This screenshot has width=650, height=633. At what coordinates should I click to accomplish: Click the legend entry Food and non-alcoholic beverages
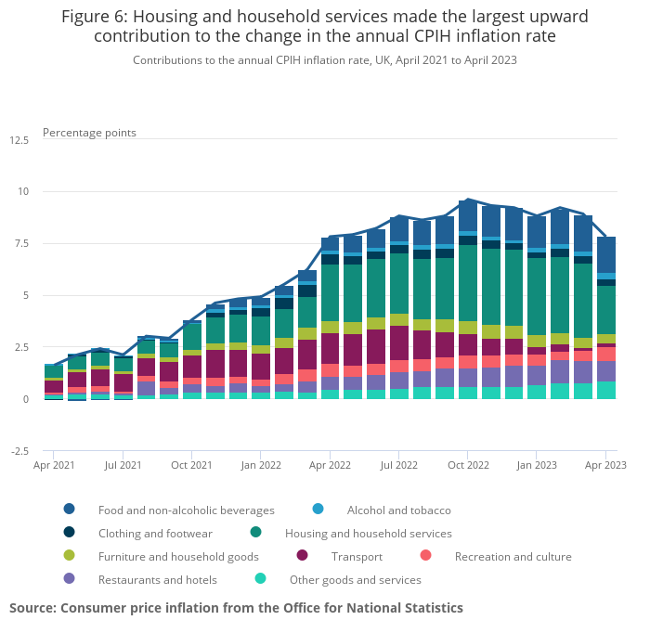(x=186, y=510)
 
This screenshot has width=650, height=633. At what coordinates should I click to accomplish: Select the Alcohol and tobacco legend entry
(x=398, y=510)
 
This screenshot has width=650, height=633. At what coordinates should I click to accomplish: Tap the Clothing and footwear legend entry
(x=155, y=534)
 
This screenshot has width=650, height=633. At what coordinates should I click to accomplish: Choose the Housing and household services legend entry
(x=368, y=534)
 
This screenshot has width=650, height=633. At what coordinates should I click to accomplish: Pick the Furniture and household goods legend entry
(x=178, y=557)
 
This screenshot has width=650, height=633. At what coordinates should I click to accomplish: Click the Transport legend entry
(x=356, y=557)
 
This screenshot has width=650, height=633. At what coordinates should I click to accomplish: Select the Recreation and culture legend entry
(x=513, y=557)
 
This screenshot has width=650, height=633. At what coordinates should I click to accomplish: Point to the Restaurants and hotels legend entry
(x=157, y=580)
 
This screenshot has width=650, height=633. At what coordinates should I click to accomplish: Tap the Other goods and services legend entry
(x=355, y=580)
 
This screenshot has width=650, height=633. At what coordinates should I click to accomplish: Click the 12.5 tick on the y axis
(x=19, y=140)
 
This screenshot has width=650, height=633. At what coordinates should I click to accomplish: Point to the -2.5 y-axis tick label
(x=19, y=451)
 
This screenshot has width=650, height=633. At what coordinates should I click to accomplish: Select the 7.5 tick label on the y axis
(x=22, y=243)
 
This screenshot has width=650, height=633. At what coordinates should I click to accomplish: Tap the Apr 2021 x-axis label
(x=55, y=464)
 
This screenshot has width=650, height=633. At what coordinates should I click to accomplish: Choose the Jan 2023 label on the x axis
(x=537, y=464)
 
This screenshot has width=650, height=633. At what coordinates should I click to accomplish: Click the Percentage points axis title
(x=89, y=133)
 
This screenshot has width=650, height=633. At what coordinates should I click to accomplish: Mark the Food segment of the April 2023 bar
(x=605, y=254)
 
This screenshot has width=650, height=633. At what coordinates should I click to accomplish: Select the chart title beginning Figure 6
(x=325, y=27)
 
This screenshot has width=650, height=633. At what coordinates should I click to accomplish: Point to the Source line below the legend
(x=236, y=608)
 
